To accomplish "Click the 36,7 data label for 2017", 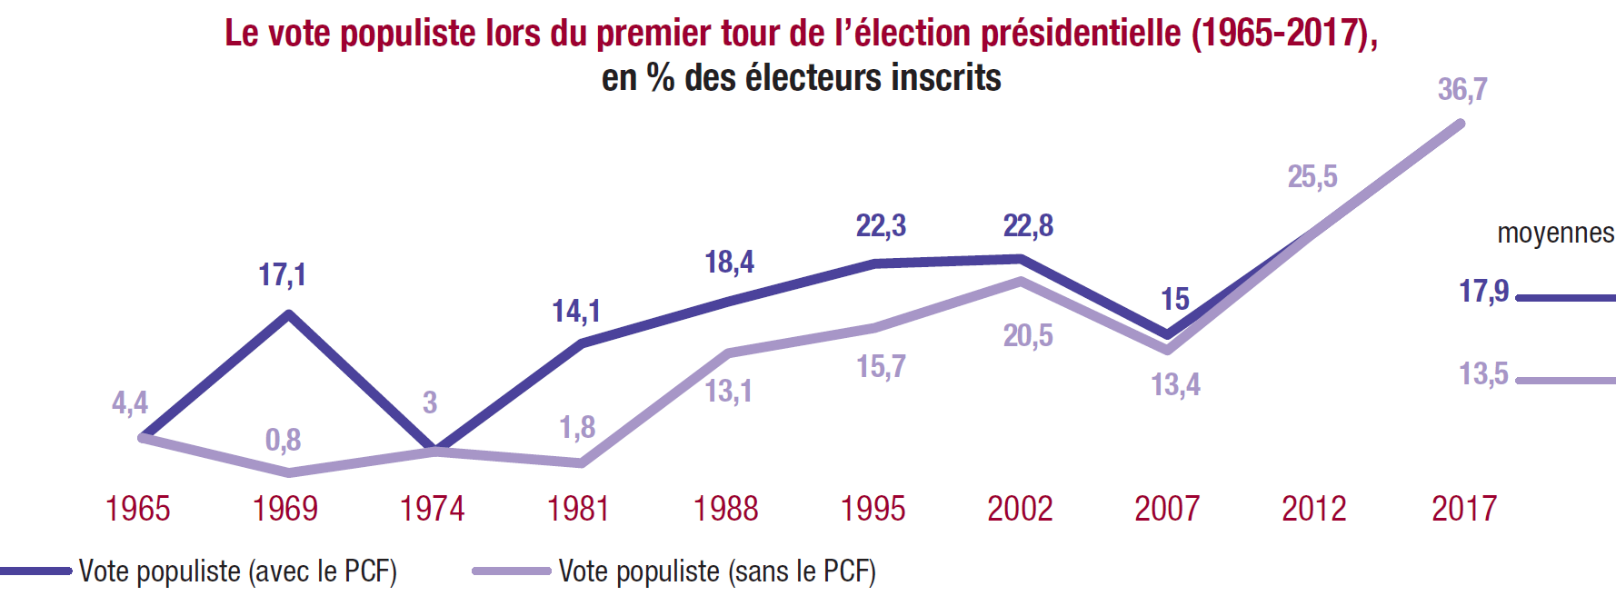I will (1461, 90).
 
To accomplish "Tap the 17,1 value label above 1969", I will (282, 274).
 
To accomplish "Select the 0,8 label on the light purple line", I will (283, 441).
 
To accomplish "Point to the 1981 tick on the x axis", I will (578, 509).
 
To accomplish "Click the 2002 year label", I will (1020, 509).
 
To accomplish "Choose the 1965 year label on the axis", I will (138, 509).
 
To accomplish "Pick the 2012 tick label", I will (1313, 509).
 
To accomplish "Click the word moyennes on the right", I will (1555, 233).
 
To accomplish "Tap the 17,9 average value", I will (1483, 292).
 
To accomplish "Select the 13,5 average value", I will (1483, 374).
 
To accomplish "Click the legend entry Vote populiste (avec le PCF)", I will (237, 571).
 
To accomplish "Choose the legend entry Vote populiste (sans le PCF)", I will (717, 571).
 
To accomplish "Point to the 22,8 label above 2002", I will (1028, 225).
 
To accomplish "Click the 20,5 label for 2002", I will (1028, 336).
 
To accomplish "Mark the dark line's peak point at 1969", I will (289, 314).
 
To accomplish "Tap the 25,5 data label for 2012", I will (1312, 176).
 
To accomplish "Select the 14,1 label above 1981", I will (576, 312).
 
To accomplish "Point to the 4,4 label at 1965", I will (130, 402).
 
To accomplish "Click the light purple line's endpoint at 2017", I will (1461, 124).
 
